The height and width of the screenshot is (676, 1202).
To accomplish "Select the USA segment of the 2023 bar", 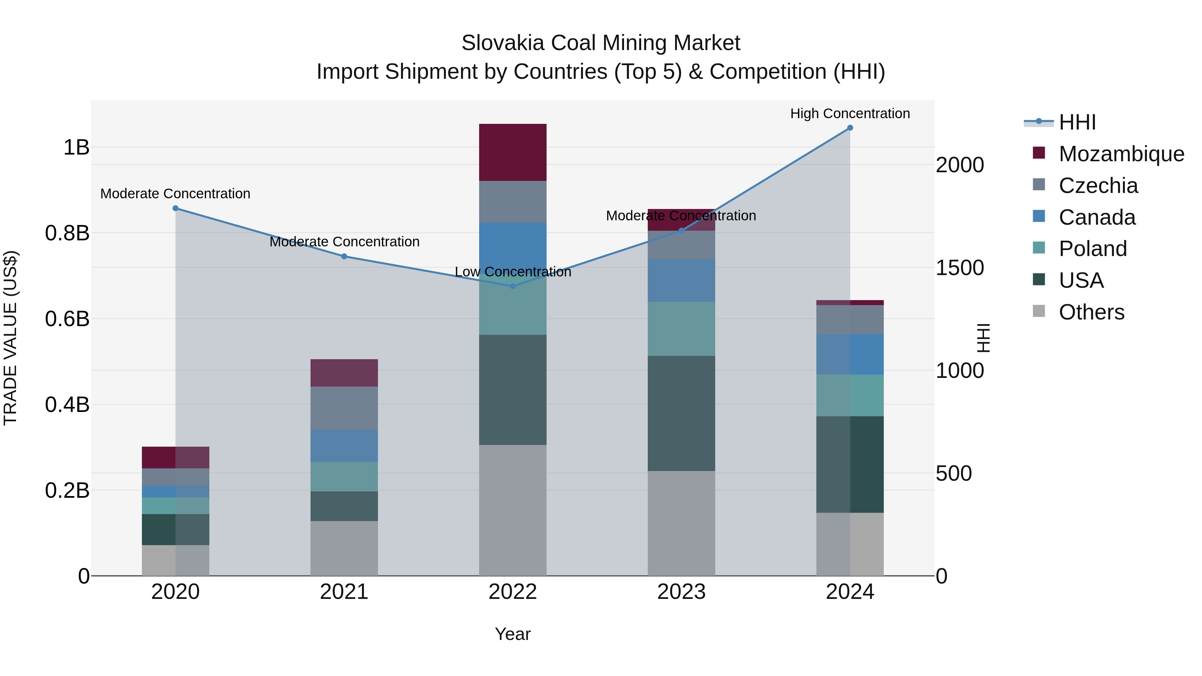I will (x=681, y=413).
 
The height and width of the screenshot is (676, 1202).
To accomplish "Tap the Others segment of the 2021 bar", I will (x=344, y=548).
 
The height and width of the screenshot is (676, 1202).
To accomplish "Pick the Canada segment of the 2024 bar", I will (x=850, y=354).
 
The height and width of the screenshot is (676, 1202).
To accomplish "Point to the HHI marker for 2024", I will (x=850, y=128).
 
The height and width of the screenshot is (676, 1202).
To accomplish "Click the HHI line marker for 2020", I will (x=175, y=209).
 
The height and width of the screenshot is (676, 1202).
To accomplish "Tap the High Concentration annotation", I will (x=850, y=114).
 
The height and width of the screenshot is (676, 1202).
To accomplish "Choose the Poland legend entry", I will (x=1092, y=249).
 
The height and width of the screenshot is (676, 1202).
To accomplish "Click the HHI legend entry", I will (x=1077, y=122).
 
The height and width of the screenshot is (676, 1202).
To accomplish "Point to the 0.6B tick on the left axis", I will (x=67, y=319).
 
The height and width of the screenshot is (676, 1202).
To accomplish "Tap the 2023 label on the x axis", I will (x=681, y=592).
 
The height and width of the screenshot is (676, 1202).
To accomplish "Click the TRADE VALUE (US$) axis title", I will (x=11, y=338).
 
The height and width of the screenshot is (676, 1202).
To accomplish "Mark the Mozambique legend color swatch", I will (x=1039, y=153).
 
